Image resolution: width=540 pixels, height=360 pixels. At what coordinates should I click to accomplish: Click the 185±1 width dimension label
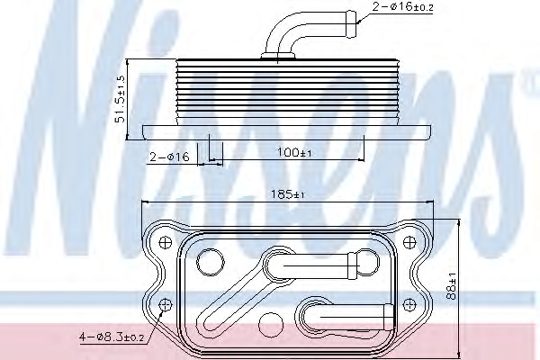tap(288, 194)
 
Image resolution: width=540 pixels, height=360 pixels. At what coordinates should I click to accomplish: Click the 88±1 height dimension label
tap(451, 286)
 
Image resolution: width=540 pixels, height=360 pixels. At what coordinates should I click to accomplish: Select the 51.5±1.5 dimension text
tap(121, 99)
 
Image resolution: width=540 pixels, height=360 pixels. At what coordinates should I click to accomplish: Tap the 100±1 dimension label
tap(294, 152)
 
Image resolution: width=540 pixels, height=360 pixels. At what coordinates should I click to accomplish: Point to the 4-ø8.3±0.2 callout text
tap(112, 337)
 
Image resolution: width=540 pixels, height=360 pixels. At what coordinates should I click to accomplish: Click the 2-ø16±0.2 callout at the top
tap(402, 6)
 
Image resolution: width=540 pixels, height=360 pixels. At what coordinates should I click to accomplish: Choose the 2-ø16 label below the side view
tap(169, 157)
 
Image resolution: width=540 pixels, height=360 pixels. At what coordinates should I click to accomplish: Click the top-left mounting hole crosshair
tap(166, 242)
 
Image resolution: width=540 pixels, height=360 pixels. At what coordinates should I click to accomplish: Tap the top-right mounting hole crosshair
tap(409, 242)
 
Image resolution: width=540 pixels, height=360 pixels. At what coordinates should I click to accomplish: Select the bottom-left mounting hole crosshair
tap(166, 305)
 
